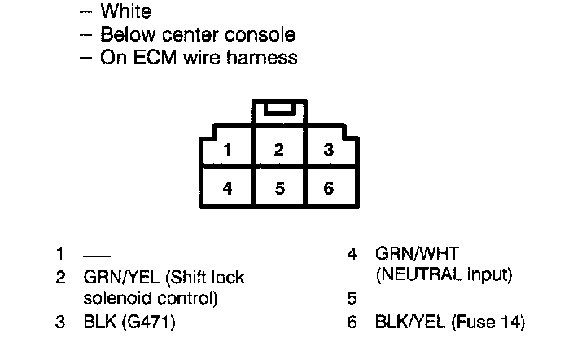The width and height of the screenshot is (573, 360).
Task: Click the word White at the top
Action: point(125,12)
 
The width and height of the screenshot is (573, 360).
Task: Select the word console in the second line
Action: point(258,35)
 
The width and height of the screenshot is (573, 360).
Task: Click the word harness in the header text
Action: point(265,58)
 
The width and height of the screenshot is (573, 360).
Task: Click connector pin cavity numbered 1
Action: point(228,150)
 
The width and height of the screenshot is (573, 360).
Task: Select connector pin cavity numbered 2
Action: point(279,150)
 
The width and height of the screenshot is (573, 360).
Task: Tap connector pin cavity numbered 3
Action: point(328,150)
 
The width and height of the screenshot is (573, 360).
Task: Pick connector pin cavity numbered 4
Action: point(228,188)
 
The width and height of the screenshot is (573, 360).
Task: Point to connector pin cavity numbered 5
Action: point(279,188)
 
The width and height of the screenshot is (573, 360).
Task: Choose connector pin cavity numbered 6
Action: point(328,188)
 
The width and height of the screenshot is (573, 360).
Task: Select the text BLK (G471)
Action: point(129,322)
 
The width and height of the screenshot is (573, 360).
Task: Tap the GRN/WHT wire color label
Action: point(412,254)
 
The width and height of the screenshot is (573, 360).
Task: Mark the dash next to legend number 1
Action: point(97,255)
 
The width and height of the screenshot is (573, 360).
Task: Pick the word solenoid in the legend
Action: point(116,299)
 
